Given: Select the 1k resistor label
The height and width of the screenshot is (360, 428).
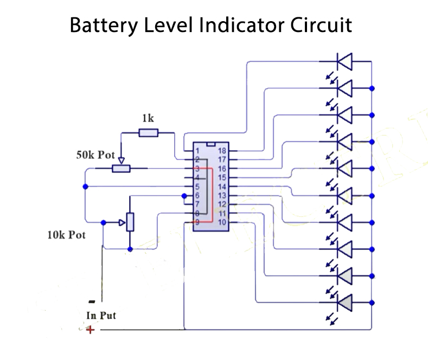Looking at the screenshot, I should tap(147, 118).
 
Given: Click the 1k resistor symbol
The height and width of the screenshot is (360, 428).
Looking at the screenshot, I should tap(148, 132).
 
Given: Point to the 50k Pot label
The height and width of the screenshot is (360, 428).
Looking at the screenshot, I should tap(95, 155).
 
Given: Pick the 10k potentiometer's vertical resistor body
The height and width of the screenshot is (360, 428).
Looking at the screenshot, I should tap(130, 222).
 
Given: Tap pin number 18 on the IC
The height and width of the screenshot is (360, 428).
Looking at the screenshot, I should tap(222, 151).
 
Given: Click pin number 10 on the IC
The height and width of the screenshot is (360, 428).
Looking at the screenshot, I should tap(222, 222).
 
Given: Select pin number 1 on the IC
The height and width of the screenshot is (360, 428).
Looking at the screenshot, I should tap(198, 151).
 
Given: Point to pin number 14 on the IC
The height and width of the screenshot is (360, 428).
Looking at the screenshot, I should tap(222, 187).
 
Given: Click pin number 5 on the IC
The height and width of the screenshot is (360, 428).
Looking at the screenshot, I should tap(198, 187).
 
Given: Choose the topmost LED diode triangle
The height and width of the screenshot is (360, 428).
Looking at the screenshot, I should tap(344, 61).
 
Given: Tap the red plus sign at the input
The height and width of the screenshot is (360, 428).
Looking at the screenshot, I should tap(90, 329).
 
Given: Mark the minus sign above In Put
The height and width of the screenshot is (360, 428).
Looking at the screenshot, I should tap(92, 301).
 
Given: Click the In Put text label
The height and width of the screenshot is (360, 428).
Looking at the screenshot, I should tap(101, 315).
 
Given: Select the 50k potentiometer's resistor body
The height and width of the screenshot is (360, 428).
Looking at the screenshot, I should tap(121, 169).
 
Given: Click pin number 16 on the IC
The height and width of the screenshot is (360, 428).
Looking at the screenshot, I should tap(222, 169).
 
